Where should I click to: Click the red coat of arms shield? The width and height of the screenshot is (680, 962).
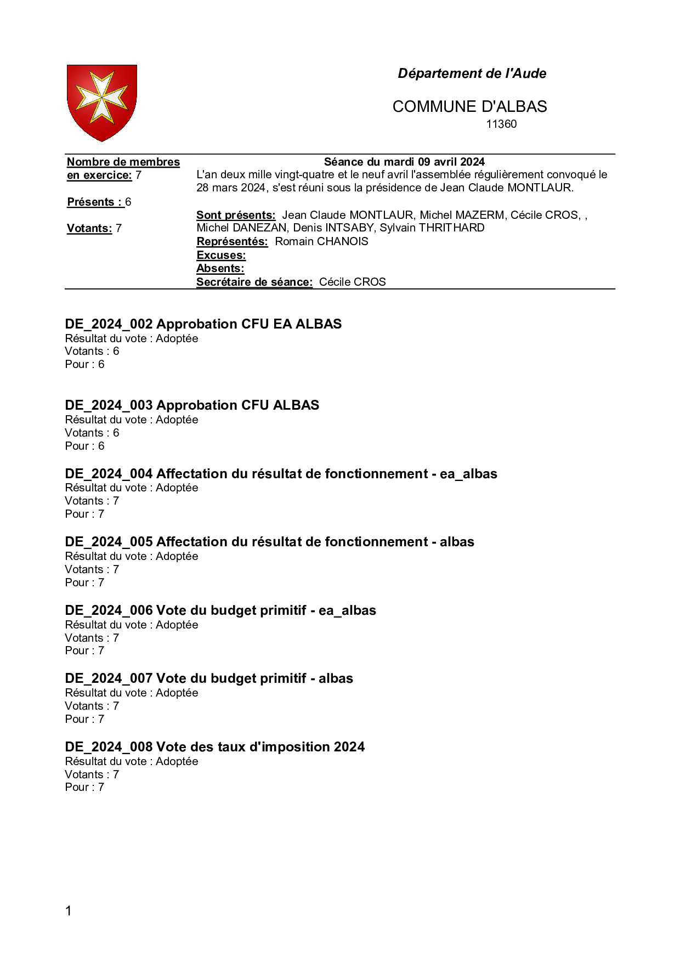pos(102,102)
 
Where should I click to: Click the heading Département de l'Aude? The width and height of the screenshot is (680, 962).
pos(472,73)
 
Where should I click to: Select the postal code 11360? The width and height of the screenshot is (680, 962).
pos(501,124)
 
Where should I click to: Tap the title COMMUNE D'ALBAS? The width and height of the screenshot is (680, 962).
pos(469,106)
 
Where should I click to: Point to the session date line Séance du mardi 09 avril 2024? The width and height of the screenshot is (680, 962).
pos(404,162)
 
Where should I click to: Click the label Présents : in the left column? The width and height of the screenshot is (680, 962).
pos(94,202)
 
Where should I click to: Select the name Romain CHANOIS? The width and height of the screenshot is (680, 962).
pos(321,241)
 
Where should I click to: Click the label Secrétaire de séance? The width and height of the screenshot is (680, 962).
pos(254,282)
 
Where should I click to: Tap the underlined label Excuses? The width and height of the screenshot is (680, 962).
pos(221,255)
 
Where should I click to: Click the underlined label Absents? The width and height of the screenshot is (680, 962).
pos(220,268)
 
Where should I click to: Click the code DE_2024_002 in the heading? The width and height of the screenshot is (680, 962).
pos(109,324)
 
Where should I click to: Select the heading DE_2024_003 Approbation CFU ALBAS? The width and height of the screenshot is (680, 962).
pos(192,405)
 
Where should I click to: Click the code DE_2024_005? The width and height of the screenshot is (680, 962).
pos(109,542)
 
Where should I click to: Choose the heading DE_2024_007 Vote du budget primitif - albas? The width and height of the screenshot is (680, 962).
pos(209,678)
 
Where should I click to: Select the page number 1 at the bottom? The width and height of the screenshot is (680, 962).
pos(69,911)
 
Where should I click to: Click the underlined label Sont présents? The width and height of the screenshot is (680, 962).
pos(236,215)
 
